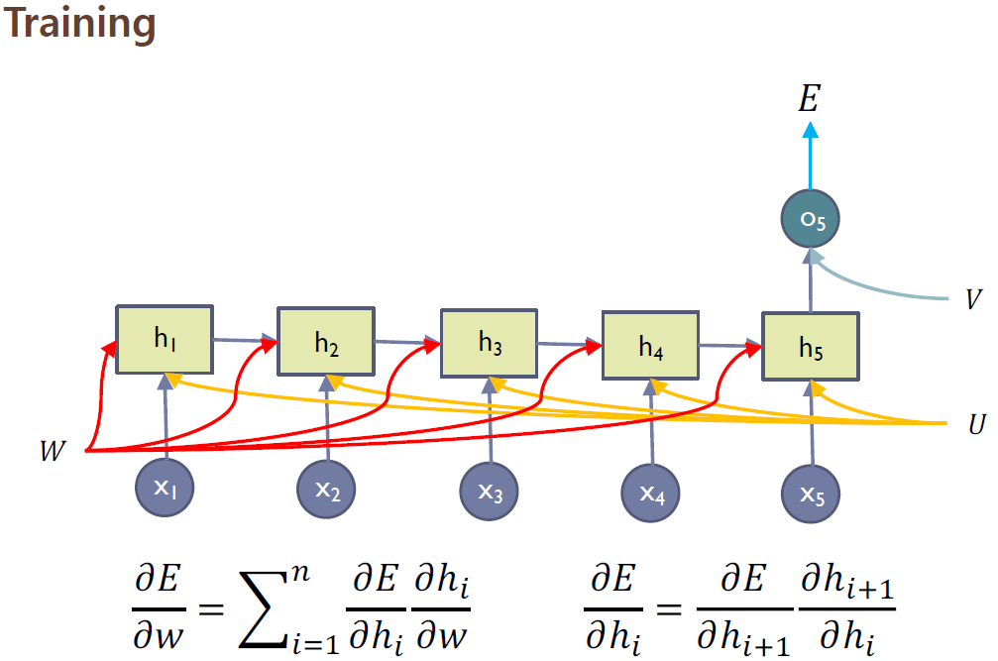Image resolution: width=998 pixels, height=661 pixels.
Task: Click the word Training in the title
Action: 78,24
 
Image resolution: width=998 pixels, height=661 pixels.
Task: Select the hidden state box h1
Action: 164,340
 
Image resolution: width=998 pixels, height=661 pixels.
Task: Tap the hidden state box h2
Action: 326,343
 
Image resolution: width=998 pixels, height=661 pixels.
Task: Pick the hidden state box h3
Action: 489,343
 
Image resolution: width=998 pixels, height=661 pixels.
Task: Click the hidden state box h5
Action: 811,347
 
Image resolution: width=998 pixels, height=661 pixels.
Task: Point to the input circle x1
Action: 165,489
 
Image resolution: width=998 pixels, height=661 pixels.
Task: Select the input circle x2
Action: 327,491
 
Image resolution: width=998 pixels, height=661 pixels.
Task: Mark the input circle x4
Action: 651,493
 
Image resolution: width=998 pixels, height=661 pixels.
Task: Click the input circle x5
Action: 812,493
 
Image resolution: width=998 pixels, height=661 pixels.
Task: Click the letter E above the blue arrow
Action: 810,98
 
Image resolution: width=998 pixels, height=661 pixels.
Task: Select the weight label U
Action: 975,424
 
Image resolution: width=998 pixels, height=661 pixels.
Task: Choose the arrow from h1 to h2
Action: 244,342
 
